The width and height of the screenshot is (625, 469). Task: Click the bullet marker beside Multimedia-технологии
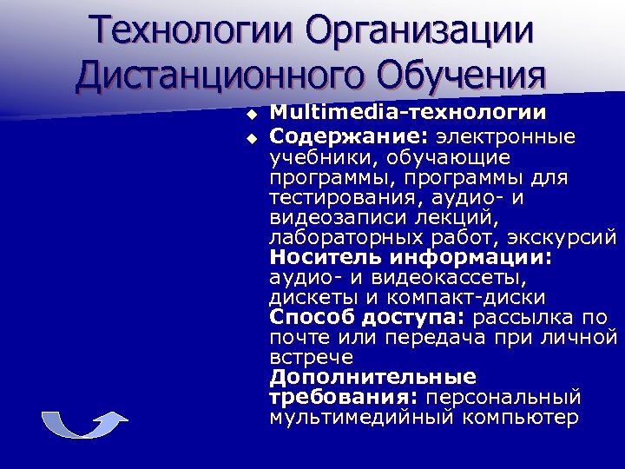click(252, 114)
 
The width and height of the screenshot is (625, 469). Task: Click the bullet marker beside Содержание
click(252, 136)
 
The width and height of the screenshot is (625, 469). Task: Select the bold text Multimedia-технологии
click(407, 112)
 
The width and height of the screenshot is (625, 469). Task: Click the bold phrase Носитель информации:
click(411, 258)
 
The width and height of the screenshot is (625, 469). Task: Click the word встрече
click(311, 357)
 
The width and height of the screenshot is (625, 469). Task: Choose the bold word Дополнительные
click(372, 377)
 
